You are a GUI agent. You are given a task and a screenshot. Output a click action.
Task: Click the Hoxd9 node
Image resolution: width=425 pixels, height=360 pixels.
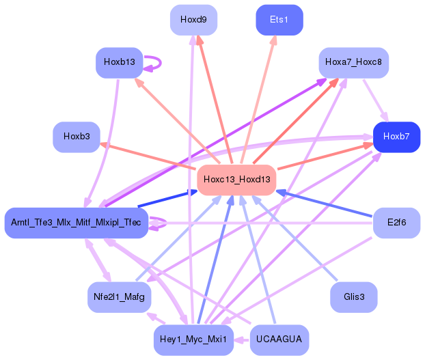click(x=193, y=20)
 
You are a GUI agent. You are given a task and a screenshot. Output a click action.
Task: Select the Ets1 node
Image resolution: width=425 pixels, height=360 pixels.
click(x=279, y=20)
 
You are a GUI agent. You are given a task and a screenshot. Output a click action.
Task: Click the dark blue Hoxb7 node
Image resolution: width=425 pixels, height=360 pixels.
click(x=396, y=137)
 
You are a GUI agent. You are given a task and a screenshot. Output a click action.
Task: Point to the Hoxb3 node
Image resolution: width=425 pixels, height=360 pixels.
click(x=77, y=137)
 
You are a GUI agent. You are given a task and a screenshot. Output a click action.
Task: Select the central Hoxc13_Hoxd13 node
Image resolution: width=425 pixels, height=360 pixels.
click(x=236, y=180)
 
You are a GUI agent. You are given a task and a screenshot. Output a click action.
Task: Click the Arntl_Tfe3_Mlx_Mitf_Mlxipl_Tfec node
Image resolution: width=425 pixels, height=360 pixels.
click(x=76, y=223)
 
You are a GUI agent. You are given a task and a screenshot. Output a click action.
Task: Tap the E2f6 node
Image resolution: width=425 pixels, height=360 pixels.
click(x=396, y=223)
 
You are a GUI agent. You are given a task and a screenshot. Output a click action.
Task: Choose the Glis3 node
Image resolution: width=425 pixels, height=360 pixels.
click(x=353, y=297)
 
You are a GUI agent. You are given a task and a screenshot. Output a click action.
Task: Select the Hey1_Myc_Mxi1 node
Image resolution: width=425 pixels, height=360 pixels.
click(x=193, y=340)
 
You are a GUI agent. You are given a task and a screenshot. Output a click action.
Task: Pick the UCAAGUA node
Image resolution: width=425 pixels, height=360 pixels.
click(x=279, y=340)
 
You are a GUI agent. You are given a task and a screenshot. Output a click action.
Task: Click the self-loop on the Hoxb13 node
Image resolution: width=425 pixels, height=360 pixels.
click(x=156, y=63)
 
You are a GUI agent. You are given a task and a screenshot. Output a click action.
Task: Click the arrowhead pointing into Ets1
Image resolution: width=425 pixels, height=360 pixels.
click(x=274, y=40)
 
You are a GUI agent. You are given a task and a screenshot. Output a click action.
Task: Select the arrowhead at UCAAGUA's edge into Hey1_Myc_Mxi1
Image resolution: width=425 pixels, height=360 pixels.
click(x=239, y=339)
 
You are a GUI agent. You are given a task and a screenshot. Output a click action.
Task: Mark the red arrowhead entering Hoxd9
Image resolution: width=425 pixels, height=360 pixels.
click(x=200, y=40)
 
